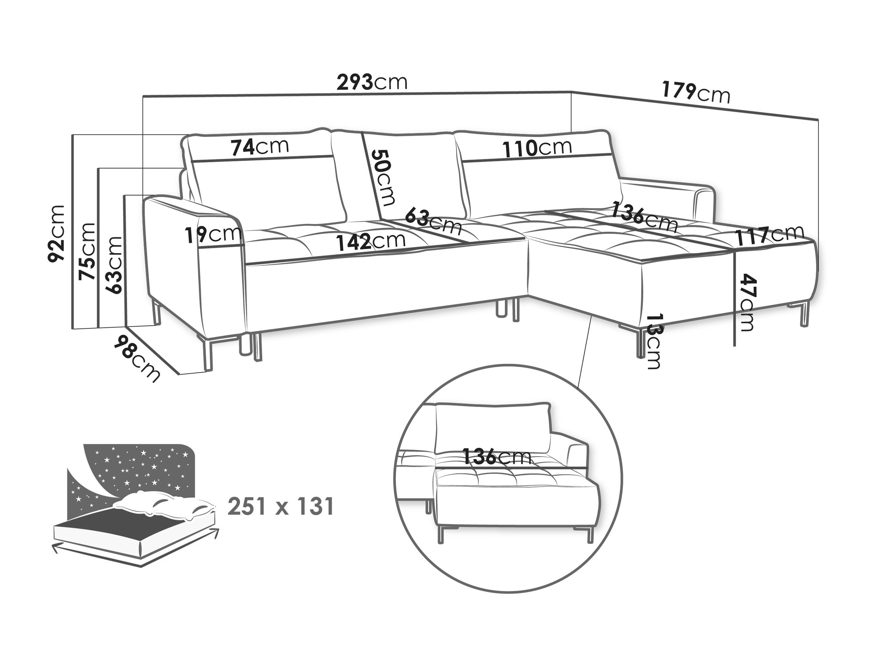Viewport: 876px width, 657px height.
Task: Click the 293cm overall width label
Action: [372, 82]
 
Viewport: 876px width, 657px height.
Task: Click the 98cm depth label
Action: [137, 358]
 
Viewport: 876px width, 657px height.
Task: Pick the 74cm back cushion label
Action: [260, 147]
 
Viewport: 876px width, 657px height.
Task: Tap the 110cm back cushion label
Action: [537, 147]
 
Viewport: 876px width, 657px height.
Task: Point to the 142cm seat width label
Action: [371, 241]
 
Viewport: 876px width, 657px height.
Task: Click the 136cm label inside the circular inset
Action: [497, 457]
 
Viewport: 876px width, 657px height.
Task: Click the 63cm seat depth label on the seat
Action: [434, 220]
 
